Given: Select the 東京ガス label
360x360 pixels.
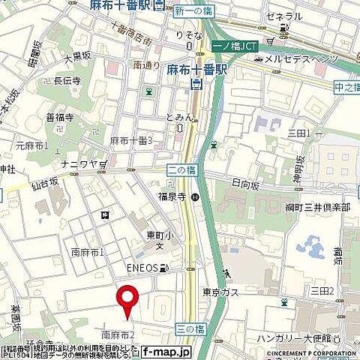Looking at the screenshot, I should pos(220,292).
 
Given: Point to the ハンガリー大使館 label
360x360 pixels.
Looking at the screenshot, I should pos(306,339).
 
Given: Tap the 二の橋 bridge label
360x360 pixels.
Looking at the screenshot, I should pos(176,172).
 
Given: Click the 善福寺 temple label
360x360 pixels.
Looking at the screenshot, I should pos(59,116).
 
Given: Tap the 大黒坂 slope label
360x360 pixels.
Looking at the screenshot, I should pos(77,58).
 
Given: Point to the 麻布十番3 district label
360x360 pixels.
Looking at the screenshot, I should pos(131,140).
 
